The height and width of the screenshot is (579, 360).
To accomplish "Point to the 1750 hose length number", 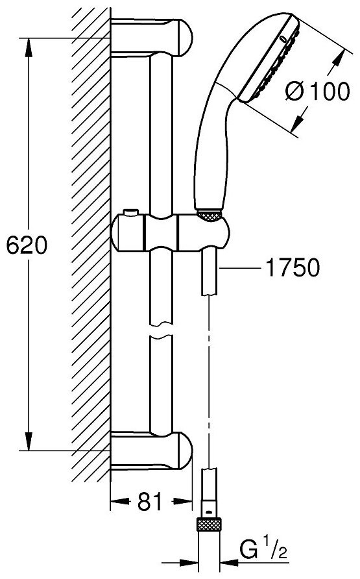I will tap(293, 267).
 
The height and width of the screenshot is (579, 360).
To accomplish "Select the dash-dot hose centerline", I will tap(208, 370).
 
